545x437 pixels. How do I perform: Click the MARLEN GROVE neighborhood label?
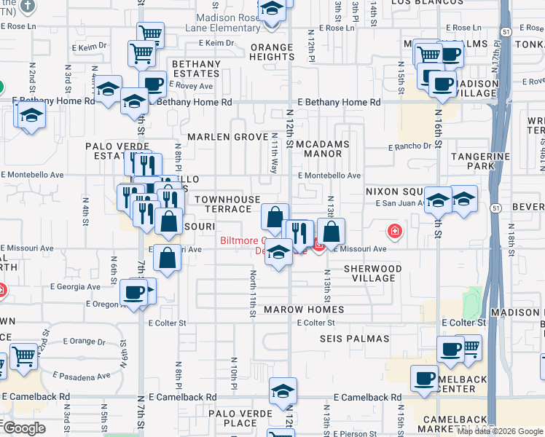pos(227,137)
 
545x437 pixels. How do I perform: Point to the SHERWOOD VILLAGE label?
pos(372,273)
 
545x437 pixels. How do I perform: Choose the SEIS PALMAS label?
pos(351,339)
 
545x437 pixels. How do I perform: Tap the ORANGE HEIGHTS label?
pos(272,52)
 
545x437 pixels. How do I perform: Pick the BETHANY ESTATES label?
pos(196,69)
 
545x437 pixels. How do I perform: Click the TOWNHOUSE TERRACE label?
pos(227,204)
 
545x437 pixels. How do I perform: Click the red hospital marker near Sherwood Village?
pos(395,232)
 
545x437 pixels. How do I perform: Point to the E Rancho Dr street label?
pos(410,146)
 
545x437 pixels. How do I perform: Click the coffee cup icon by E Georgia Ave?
pos(133,291)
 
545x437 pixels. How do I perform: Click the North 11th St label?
pos(252,294)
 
